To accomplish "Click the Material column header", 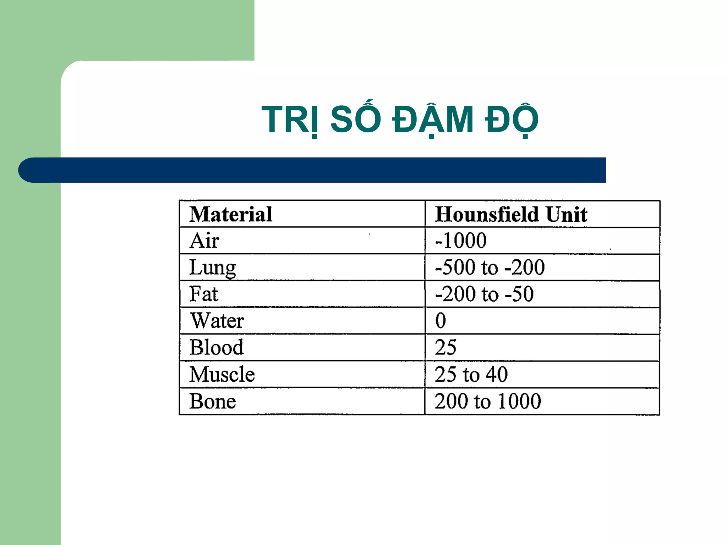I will click(231, 214).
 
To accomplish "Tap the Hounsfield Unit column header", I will click(511, 214).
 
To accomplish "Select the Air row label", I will click(204, 241).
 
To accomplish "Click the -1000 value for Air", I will click(461, 241).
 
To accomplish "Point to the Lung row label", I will click(212, 268).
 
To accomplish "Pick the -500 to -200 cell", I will click(490, 268).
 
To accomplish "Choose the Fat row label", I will click(204, 294).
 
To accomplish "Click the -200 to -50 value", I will click(484, 294).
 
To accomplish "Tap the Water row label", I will click(217, 321).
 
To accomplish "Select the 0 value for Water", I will click(441, 321).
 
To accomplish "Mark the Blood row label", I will click(217, 347).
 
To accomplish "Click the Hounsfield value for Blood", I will click(446, 347).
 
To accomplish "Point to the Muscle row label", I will click(222, 374).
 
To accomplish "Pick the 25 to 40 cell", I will click(471, 374).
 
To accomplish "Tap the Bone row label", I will click(213, 401).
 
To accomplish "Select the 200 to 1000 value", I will click(488, 401).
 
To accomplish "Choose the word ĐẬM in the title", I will click(433, 120).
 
